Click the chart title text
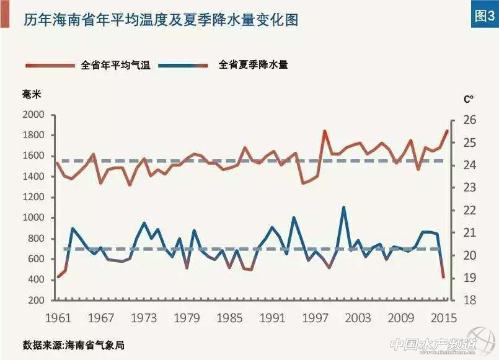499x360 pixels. click(x=161, y=19)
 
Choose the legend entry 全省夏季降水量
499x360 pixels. click(x=253, y=64)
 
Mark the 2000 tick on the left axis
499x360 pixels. click(x=33, y=115)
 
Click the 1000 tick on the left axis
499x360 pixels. click(x=33, y=218)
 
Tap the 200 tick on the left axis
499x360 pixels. click(x=35, y=301)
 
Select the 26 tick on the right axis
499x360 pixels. click(x=469, y=120)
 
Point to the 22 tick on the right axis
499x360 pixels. click(x=469, y=211)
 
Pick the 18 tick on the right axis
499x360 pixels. click(x=469, y=301)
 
